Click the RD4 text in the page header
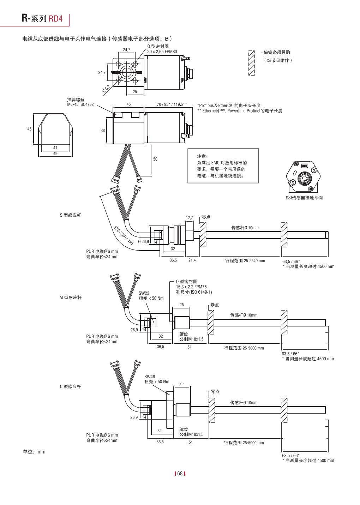(x=55, y=18)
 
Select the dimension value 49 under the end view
(x=55, y=154)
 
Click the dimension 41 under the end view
(x=55, y=148)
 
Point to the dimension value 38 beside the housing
(x=103, y=130)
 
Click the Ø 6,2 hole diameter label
(x=106, y=89)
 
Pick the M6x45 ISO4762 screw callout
(x=80, y=104)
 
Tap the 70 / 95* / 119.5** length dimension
(x=172, y=104)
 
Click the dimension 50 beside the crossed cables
(x=155, y=159)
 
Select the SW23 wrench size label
(x=144, y=293)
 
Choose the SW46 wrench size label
(x=150, y=377)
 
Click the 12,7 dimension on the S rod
(x=190, y=217)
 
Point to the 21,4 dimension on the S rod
(x=192, y=260)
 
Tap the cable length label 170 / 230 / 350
(x=124, y=235)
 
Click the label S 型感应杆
(x=70, y=215)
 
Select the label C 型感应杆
(x=70, y=386)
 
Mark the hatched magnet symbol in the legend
(x=252, y=63)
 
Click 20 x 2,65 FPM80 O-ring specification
(x=162, y=52)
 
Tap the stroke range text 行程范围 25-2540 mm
(x=245, y=260)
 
